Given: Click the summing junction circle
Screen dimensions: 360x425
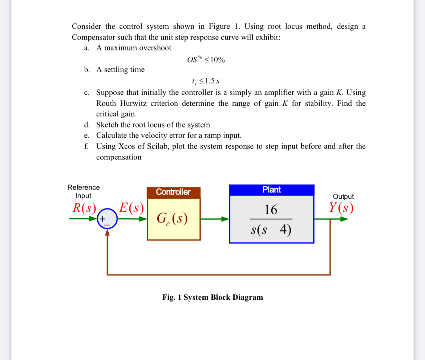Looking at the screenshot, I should pyautogui.click(x=107, y=219).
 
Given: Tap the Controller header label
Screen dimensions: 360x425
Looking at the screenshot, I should pyautogui.click(x=173, y=192).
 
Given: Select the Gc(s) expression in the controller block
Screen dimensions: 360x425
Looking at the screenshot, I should pyautogui.click(x=172, y=219).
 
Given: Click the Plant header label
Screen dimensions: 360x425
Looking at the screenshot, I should pyautogui.click(x=271, y=190).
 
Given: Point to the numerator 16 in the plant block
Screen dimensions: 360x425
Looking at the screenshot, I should pyautogui.click(x=271, y=210).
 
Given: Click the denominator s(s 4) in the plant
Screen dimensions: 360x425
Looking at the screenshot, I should pyautogui.click(x=271, y=230).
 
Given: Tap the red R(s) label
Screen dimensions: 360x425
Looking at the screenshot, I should pyautogui.click(x=84, y=208).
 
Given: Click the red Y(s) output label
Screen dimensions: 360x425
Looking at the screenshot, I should pyautogui.click(x=341, y=208).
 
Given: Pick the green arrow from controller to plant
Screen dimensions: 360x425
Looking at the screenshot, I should pyautogui.click(x=214, y=219).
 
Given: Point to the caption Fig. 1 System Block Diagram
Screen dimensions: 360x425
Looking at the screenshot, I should pyautogui.click(x=212, y=297).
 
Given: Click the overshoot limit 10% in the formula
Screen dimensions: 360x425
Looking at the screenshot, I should pyautogui.click(x=217, y=60).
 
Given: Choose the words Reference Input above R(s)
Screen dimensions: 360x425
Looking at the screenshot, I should pyautogui.click(x=84, y=191).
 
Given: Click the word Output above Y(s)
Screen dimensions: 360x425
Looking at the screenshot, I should pyautogui.click(x=343, y=197).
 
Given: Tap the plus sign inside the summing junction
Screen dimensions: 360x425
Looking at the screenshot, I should pyautogui.click(x=103, y=219).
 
